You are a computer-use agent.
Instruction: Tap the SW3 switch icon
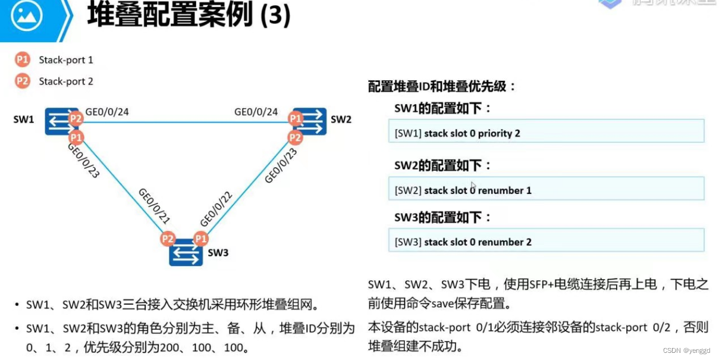(x=186, y=252)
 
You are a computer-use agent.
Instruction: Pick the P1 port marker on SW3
(x=201, y=239)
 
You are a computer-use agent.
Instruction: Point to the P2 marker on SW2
(x=295, y=138)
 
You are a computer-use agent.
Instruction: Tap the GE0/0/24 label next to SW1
(x=108, y=111)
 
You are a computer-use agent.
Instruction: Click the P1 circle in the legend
(x=23, y=60)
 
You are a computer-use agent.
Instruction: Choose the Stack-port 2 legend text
(x=66, y=82)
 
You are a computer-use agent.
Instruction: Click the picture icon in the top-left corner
(x=27, y=17)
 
